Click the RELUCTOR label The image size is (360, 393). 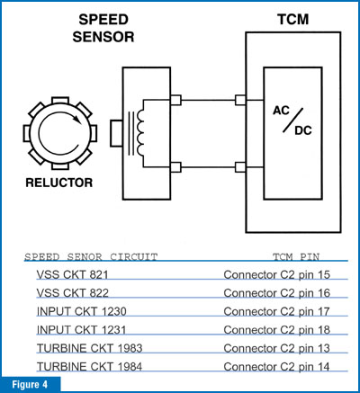pos(59,183)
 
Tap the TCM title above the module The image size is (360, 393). pos(292,20)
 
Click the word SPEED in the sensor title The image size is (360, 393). pos(103,20)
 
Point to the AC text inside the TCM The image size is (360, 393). pos(281,111)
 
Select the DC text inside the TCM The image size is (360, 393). pos(303,130)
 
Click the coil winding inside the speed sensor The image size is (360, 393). pos(140,133)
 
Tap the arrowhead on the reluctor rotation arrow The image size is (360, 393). pos(77,119)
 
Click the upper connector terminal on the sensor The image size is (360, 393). pos(175,100)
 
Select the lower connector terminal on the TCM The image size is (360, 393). pos(240,167)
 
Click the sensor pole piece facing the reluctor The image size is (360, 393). pos(116,133)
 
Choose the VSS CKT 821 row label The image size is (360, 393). pos(72,274)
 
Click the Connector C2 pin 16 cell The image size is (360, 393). pos(276,293)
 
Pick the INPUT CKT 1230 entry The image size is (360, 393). pos(81,311)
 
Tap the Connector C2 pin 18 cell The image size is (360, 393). pos(276,330)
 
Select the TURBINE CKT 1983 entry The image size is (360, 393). pos(89,348)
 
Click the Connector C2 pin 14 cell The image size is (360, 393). pos(276,367)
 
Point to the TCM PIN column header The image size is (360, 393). pos(296,257)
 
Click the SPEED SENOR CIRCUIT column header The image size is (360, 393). pos(91,257)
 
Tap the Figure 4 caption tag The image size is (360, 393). pos(30,385)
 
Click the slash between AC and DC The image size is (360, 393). pos(292,121)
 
